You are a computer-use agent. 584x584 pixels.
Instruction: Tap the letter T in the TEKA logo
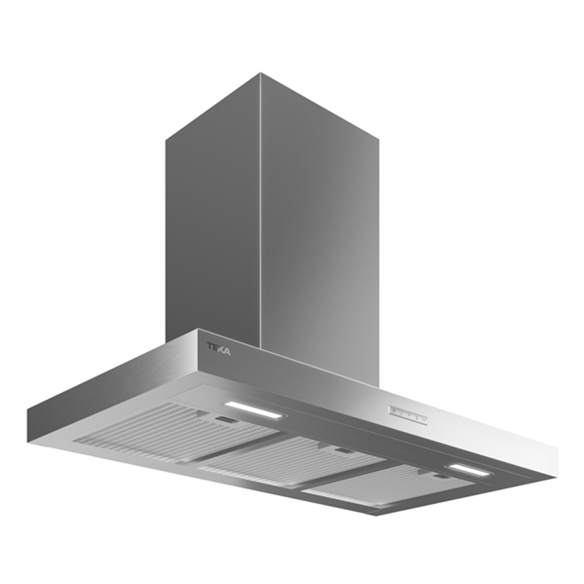click(211, 346)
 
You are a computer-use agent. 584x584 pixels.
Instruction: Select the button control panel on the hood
click(408, 414)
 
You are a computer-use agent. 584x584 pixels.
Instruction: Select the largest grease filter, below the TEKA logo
click(171, 431)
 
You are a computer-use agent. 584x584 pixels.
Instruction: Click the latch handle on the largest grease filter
click(223, 420)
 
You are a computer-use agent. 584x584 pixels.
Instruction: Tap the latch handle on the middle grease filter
click(342, 450)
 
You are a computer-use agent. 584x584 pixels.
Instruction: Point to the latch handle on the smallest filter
click(442, 477)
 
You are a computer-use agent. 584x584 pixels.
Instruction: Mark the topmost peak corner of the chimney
click(260, 73)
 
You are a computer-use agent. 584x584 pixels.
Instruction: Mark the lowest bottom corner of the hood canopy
click(375, 514)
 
